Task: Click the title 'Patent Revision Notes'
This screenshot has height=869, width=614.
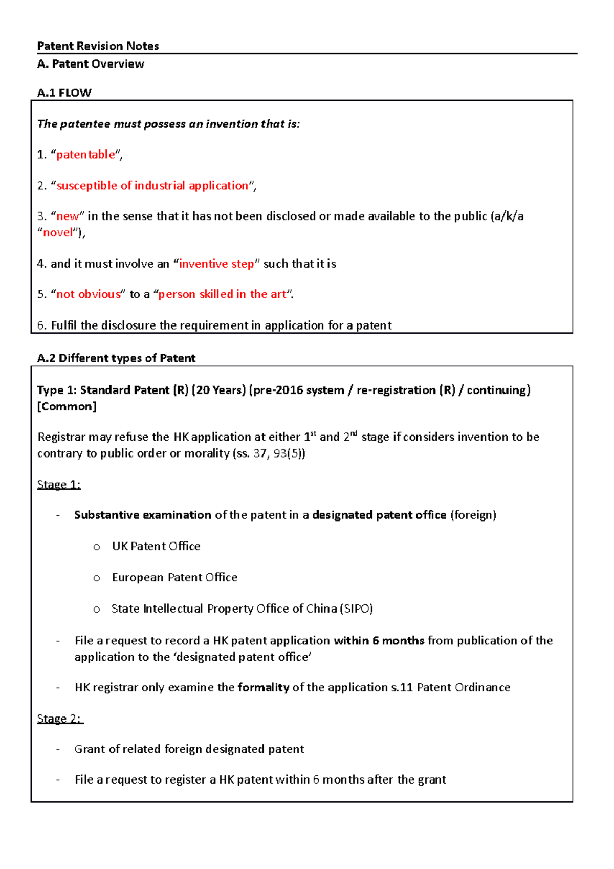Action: [x=98, y=46]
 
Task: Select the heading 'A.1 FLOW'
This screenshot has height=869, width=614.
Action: [x=64, y=93]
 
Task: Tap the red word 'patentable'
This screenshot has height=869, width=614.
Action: [x=85, y=155]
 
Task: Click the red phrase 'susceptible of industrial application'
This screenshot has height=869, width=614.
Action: [x=152, y=186]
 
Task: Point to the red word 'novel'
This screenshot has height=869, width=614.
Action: [x=58, y=233]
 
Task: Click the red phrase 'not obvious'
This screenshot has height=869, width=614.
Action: [x=89, y=294]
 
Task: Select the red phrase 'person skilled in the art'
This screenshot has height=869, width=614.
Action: [x=222, y=294]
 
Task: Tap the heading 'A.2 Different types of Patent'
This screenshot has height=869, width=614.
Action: [x=116, y=358]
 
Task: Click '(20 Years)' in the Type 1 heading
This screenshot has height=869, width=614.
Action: [x=219, y=390]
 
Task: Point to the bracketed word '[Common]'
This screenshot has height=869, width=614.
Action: [x=67, y=406]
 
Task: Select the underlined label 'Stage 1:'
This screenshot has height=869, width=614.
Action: [x=59, y=485]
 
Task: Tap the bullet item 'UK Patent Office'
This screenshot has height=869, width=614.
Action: [x=156, y=547]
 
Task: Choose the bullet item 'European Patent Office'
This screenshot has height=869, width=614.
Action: [x=174, y=578]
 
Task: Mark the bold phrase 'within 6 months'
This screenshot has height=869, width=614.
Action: [x=379, y=641]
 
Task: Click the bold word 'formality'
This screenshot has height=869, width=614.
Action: [x=264, y=687]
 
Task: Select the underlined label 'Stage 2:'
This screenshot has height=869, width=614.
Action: [x=60, y=719]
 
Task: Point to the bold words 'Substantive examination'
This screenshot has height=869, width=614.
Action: [x=143, y=515]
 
